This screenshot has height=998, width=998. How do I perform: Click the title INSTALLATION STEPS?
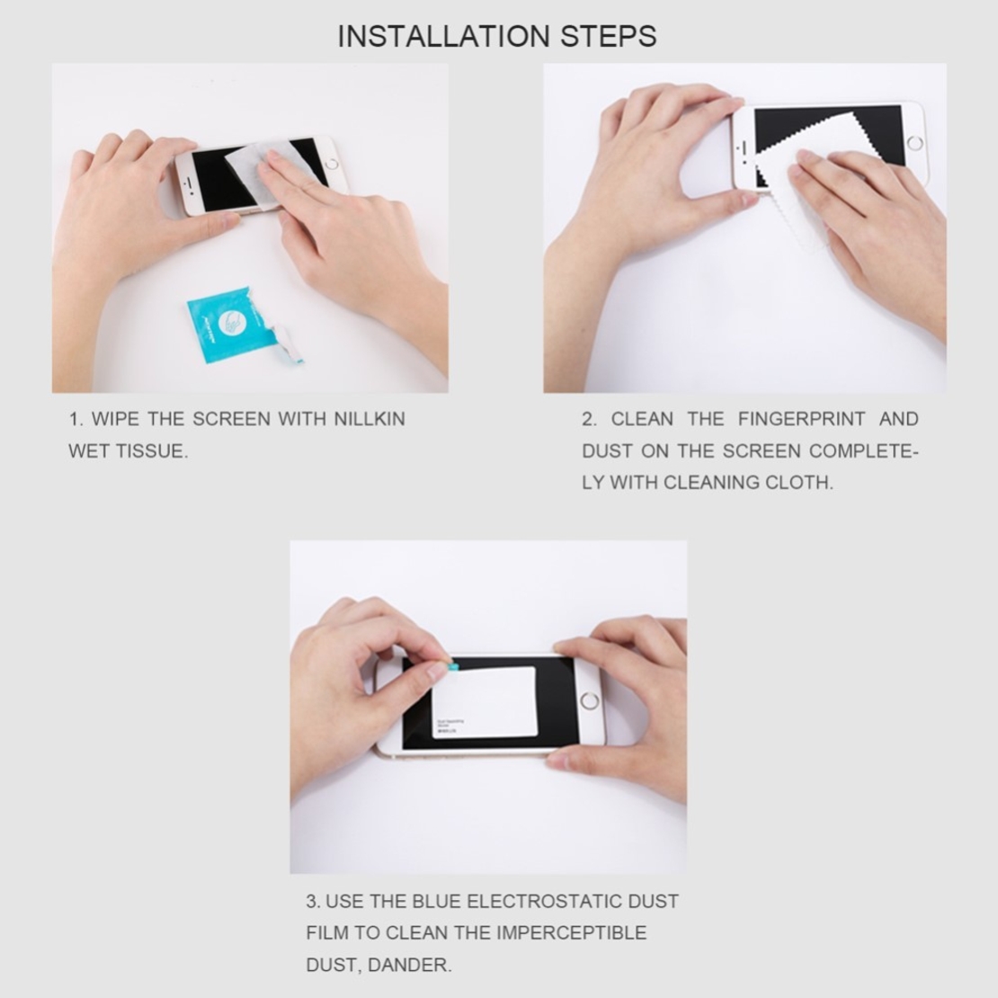point(497,36)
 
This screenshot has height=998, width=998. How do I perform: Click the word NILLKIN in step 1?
point(370,419)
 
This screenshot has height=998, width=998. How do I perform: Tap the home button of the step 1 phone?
point(331,165)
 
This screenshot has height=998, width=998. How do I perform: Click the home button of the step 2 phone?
point(915,143)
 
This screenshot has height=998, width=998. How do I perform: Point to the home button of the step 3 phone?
point(590,701)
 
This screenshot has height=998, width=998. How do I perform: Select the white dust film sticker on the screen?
point(486,701)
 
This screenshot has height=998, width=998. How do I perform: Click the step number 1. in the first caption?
point(76,419)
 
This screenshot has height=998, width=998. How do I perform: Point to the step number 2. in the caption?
point(589,419)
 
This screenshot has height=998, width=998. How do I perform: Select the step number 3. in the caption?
point(313,901)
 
